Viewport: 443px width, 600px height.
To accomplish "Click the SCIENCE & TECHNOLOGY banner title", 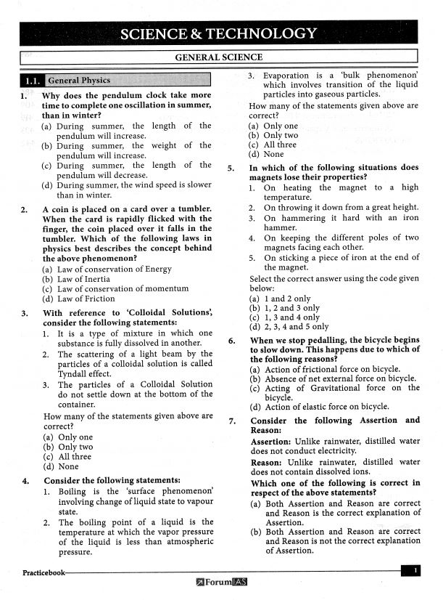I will [218, 33].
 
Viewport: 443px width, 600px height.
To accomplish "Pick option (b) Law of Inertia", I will [76, 278].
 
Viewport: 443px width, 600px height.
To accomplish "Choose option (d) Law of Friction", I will [78, 299].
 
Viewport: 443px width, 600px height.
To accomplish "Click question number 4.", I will [25, 480].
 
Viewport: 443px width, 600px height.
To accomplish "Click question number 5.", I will [231, 167].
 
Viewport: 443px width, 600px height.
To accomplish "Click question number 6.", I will [231, 340].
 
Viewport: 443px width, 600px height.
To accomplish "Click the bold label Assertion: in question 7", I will [272, 441].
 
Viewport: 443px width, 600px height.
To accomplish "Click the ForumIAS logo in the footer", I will [221, 582].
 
